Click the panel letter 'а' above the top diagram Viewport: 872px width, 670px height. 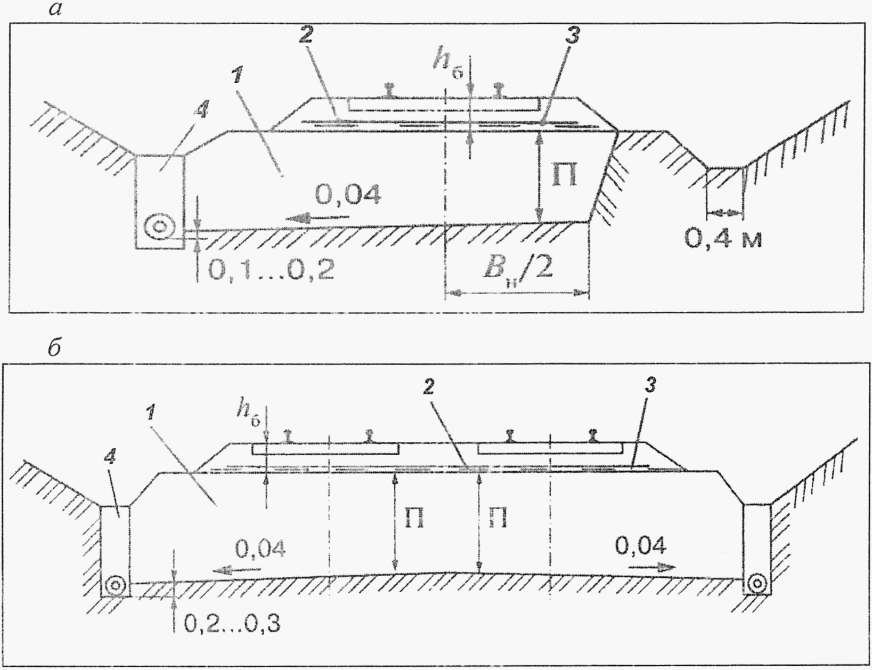[55, 10]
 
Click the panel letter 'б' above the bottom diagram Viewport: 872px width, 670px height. [54, 348]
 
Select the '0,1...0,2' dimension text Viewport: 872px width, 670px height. [271, 271]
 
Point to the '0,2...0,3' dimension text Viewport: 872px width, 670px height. [232, 623]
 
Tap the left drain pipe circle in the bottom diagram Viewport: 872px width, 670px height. [115, 585]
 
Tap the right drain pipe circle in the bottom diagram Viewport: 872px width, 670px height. [756, 584]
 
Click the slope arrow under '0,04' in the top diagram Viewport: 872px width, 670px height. [316, 217]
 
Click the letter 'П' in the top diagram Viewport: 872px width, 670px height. [564, 176]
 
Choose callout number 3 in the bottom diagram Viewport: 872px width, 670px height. [650, 385]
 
